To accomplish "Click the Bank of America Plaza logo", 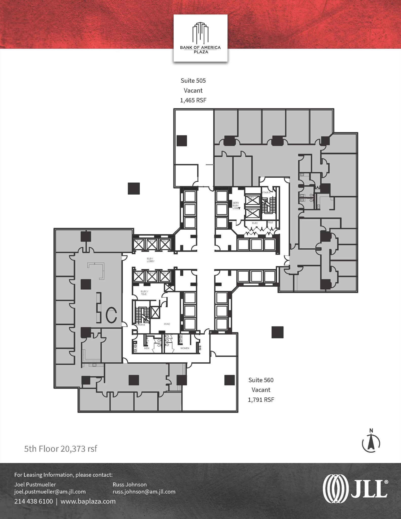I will coord(200,38).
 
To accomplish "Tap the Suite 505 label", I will coord(193,81).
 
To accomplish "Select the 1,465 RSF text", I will coord(193,100).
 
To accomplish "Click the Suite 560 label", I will coord(261,380).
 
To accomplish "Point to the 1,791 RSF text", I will coord(261,400).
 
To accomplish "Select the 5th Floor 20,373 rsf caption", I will coord(61,449).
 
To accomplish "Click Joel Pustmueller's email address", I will coord(50,492).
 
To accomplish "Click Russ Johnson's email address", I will coord(144,492).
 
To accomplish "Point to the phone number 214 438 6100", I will coord(33,501).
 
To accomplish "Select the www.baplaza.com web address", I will coord(88,501).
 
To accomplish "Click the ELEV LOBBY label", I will coord(150,260).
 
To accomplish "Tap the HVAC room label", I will coord(167,324).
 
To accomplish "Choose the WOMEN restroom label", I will coord(185,348).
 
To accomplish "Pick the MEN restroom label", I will coord(147,348).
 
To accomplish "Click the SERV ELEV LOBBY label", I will coord(236,205).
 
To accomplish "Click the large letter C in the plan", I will coord(111,314).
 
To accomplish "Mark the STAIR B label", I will coord(140,325).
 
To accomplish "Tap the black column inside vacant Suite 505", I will coord(182,141).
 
